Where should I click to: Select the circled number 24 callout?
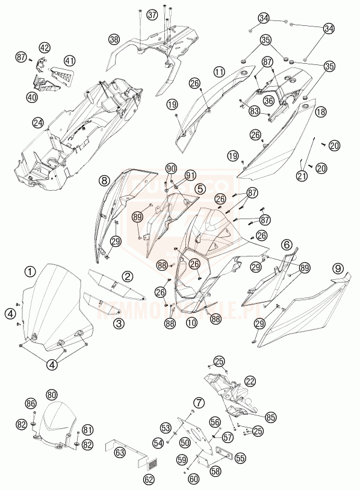coord(39,123)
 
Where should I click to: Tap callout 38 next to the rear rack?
coord(114,39)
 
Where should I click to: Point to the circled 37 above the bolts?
coord(152,14)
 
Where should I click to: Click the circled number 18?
coord(321,111)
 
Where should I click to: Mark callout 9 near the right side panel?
coord(338,267)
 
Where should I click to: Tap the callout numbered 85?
coord(270,416)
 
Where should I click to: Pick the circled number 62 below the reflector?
coord(149,479)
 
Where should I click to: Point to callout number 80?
coord(52,394)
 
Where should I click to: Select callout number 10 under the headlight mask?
coord(191,323)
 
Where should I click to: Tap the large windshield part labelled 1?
coord(54,307)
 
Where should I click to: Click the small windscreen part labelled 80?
coord(57,424)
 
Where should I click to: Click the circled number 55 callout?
coord(240,457)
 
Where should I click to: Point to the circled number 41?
coord(70,61)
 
